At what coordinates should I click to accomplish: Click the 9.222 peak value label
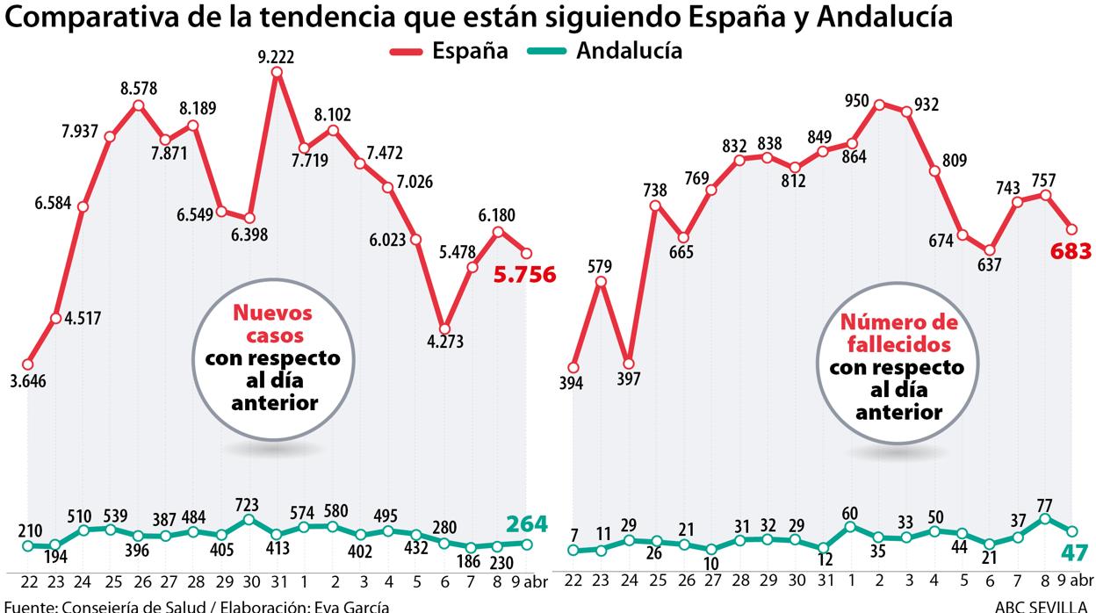point(276,57)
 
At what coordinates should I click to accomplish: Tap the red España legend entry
point(450,50)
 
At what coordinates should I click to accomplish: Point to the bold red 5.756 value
point(524,275)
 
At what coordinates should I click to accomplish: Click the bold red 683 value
point(1071,252)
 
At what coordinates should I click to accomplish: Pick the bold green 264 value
point(526,524)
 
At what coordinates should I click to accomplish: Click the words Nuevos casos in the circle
point(271,324)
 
